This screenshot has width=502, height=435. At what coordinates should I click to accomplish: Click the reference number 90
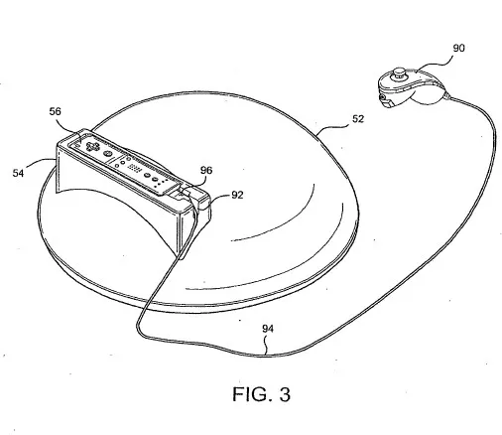tap(458, 48)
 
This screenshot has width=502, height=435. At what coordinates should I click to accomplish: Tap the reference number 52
tap(358, 119)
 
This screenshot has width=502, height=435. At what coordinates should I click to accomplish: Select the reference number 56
tap(56, 111)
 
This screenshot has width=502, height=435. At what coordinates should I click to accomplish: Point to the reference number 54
tap(18, 173)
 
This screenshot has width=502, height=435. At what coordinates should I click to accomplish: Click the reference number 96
tap(206, 170)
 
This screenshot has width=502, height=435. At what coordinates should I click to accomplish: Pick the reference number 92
tap(237, 195)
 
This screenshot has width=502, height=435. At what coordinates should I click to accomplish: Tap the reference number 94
tap(268, 329)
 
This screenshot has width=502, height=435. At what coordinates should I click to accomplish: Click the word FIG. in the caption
tap(250, 394)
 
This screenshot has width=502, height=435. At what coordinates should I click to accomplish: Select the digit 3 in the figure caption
tap(285, 394)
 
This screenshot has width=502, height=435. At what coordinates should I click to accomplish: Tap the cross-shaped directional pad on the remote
tap(92, 146)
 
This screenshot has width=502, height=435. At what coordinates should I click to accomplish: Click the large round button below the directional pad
tap(107, 153)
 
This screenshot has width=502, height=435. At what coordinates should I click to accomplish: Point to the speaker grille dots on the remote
tap(136, 168)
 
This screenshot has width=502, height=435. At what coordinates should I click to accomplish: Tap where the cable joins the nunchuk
tap(447, 96)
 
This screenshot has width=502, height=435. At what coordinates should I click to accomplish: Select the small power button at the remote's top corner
tap(76, 145)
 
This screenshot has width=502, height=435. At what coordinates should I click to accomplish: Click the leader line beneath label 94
tap(267, 345)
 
